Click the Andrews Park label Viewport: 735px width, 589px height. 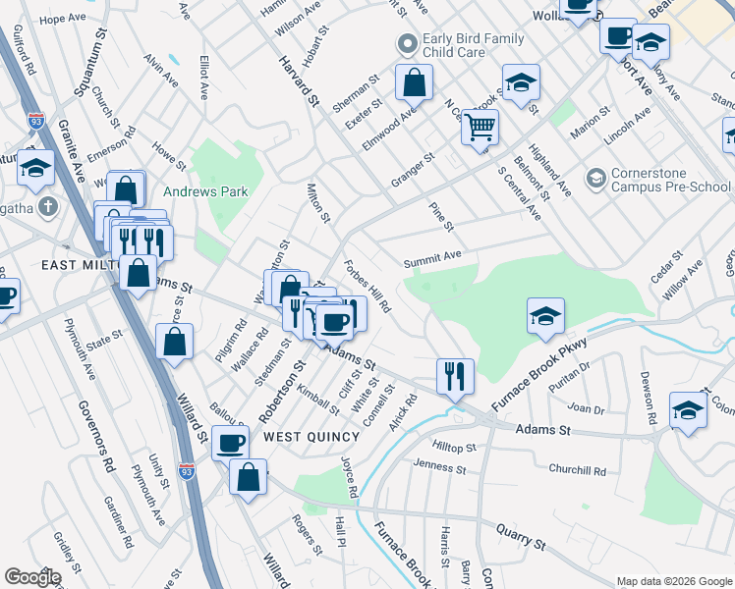point(205,192)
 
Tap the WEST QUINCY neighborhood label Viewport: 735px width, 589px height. point(309,436)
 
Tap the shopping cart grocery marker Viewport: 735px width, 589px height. point(480,127)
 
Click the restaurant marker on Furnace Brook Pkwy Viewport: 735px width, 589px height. point(455,376)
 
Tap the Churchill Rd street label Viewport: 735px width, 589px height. point(578,470)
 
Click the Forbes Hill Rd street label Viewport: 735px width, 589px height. point(367,286)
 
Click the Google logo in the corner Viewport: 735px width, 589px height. point(32,576)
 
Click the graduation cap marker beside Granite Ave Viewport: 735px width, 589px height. point(35,169)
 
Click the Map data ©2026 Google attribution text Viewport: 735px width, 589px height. point(673,580)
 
